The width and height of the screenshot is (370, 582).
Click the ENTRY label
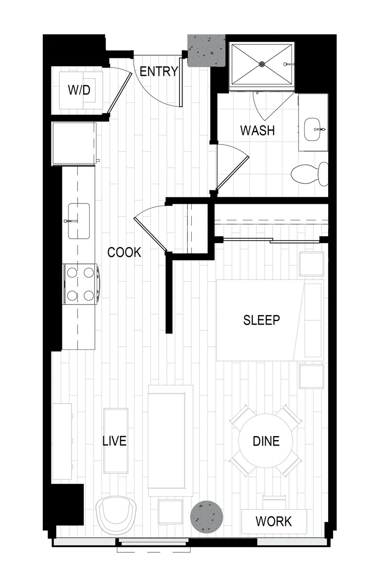point(159,71)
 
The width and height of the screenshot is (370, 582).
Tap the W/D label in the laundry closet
point(79,90)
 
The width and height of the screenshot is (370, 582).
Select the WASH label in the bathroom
point(258,130)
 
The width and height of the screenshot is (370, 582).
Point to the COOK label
point(124,252)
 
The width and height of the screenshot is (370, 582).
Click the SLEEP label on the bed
point(261,320)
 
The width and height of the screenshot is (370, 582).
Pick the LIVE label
point(115,441)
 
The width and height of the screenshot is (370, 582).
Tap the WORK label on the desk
point(274,521)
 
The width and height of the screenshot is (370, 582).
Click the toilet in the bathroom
point(310,174)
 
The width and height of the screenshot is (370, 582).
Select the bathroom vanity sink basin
point(312,129)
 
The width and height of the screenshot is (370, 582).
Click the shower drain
point(262,64)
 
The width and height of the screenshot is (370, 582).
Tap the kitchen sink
point(79,221)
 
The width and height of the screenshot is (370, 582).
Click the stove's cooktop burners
point(81,284)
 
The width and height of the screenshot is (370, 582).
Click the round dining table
point(265,440)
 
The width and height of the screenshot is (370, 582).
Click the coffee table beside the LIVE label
point(115,441)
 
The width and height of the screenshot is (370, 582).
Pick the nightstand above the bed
point(311,264)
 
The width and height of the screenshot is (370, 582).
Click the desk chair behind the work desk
point(274,501)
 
